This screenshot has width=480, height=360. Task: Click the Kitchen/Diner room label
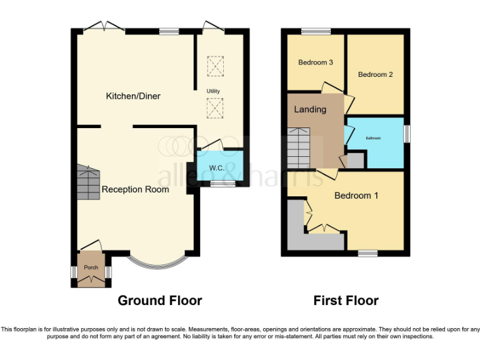click(132, 96)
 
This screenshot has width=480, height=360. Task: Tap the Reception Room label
click(135, 189)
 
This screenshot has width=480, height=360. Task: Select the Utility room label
click(214, 92)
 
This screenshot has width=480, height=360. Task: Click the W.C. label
click(217, 168)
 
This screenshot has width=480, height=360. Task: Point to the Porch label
click(91, 267)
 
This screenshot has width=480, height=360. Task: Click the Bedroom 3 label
click(315, 62)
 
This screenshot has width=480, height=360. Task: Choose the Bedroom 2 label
click(375, 74)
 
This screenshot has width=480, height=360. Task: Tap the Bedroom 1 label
click(356, 196)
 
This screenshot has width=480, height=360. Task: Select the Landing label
click(311, 109)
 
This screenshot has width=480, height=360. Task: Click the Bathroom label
click(373, 137)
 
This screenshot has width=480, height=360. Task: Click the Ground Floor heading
click(160, 301)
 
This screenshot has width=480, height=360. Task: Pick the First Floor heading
click(346, 301)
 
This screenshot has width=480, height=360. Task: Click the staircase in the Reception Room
click(89, 182)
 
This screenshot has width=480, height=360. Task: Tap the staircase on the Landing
click(299, 148)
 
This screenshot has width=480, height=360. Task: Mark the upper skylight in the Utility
click(214, 66)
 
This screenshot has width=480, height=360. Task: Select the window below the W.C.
click(219, 183)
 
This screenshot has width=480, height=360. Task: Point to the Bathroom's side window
click(407, 133)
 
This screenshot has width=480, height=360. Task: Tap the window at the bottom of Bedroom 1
click(367, 253)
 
